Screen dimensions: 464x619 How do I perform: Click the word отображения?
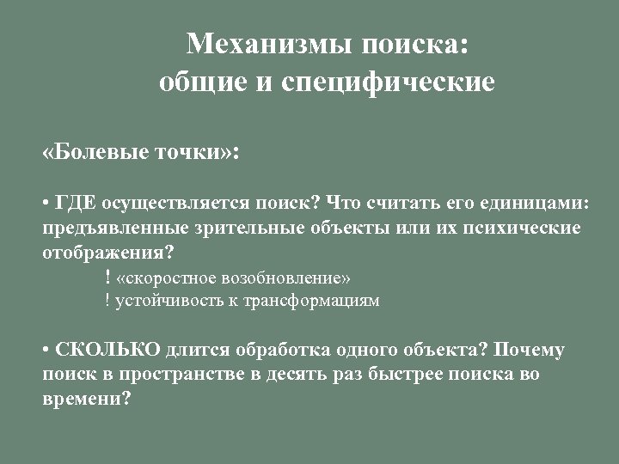tap(104, 253)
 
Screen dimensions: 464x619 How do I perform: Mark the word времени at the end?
tap(83, 399)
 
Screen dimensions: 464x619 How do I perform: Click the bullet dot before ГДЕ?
tap(46, 205)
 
